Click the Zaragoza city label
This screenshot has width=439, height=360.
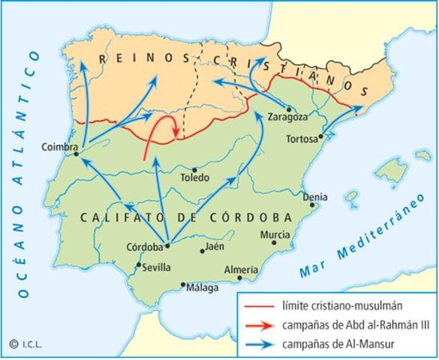pos(288,117)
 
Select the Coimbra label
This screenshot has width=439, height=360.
pos(61,147)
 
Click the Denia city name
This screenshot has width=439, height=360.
pos(314,197)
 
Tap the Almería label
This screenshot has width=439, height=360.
pos(241,269)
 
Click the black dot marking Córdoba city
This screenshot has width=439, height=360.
pos(167,244)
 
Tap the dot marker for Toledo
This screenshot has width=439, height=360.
pos(194,169)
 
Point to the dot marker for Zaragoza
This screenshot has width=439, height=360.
pos(288,109)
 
